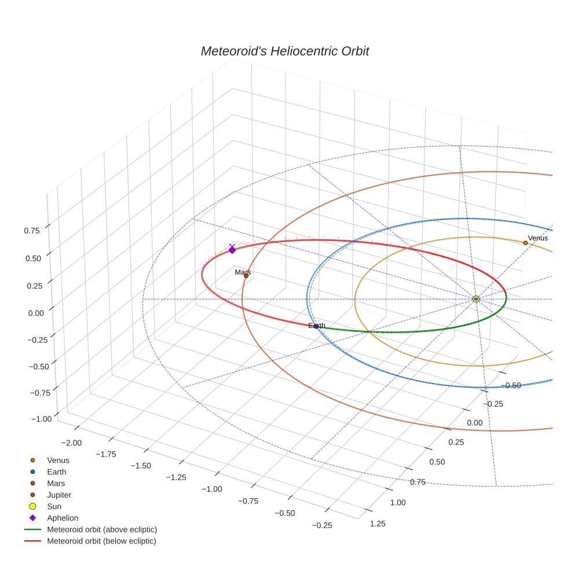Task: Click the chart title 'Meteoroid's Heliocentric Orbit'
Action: pyautogui.click(x=284, y=52)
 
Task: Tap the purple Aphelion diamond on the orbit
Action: pyautogui.click(x=232, y=249)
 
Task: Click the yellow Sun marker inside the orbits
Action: pyautogui.click(x=476, y=299)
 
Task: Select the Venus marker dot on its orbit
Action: pyautogui.click(x=525, y=243)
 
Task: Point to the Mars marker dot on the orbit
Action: pyautogui.click(x=246, y=276)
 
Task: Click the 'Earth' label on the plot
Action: pyautogui.click(x=317, y=326)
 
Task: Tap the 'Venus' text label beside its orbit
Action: pyautogui.click(x=538, y=238)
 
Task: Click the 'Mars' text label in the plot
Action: pyautogui.click(x=243, y=272)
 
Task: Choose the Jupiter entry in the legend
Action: pyautogui.click(x=59, y=495)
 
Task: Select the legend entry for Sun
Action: pyautogui.click(x=54, y=506)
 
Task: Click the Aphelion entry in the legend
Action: pyautogui.click(x=63, y=518)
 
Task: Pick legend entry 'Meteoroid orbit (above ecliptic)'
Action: pyautogui.click(x=102, y=529)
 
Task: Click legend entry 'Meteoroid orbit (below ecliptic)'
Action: pyautogui.click(x=102, y=541)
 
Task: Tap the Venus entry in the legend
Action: pyautogui.click(x=58, y=460)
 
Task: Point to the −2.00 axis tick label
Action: pyautogui.click(x=72, y=443)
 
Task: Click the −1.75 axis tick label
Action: pyautogui.click(x=107, y=454)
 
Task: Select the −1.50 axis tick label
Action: pyautogui.click(x=141, y=466)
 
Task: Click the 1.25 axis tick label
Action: pyautogui.click(x=377, y=524)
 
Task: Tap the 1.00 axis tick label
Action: pyautogui.click(x=398, y=503)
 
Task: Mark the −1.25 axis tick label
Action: pyautogui.click(x=177, y=477)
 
